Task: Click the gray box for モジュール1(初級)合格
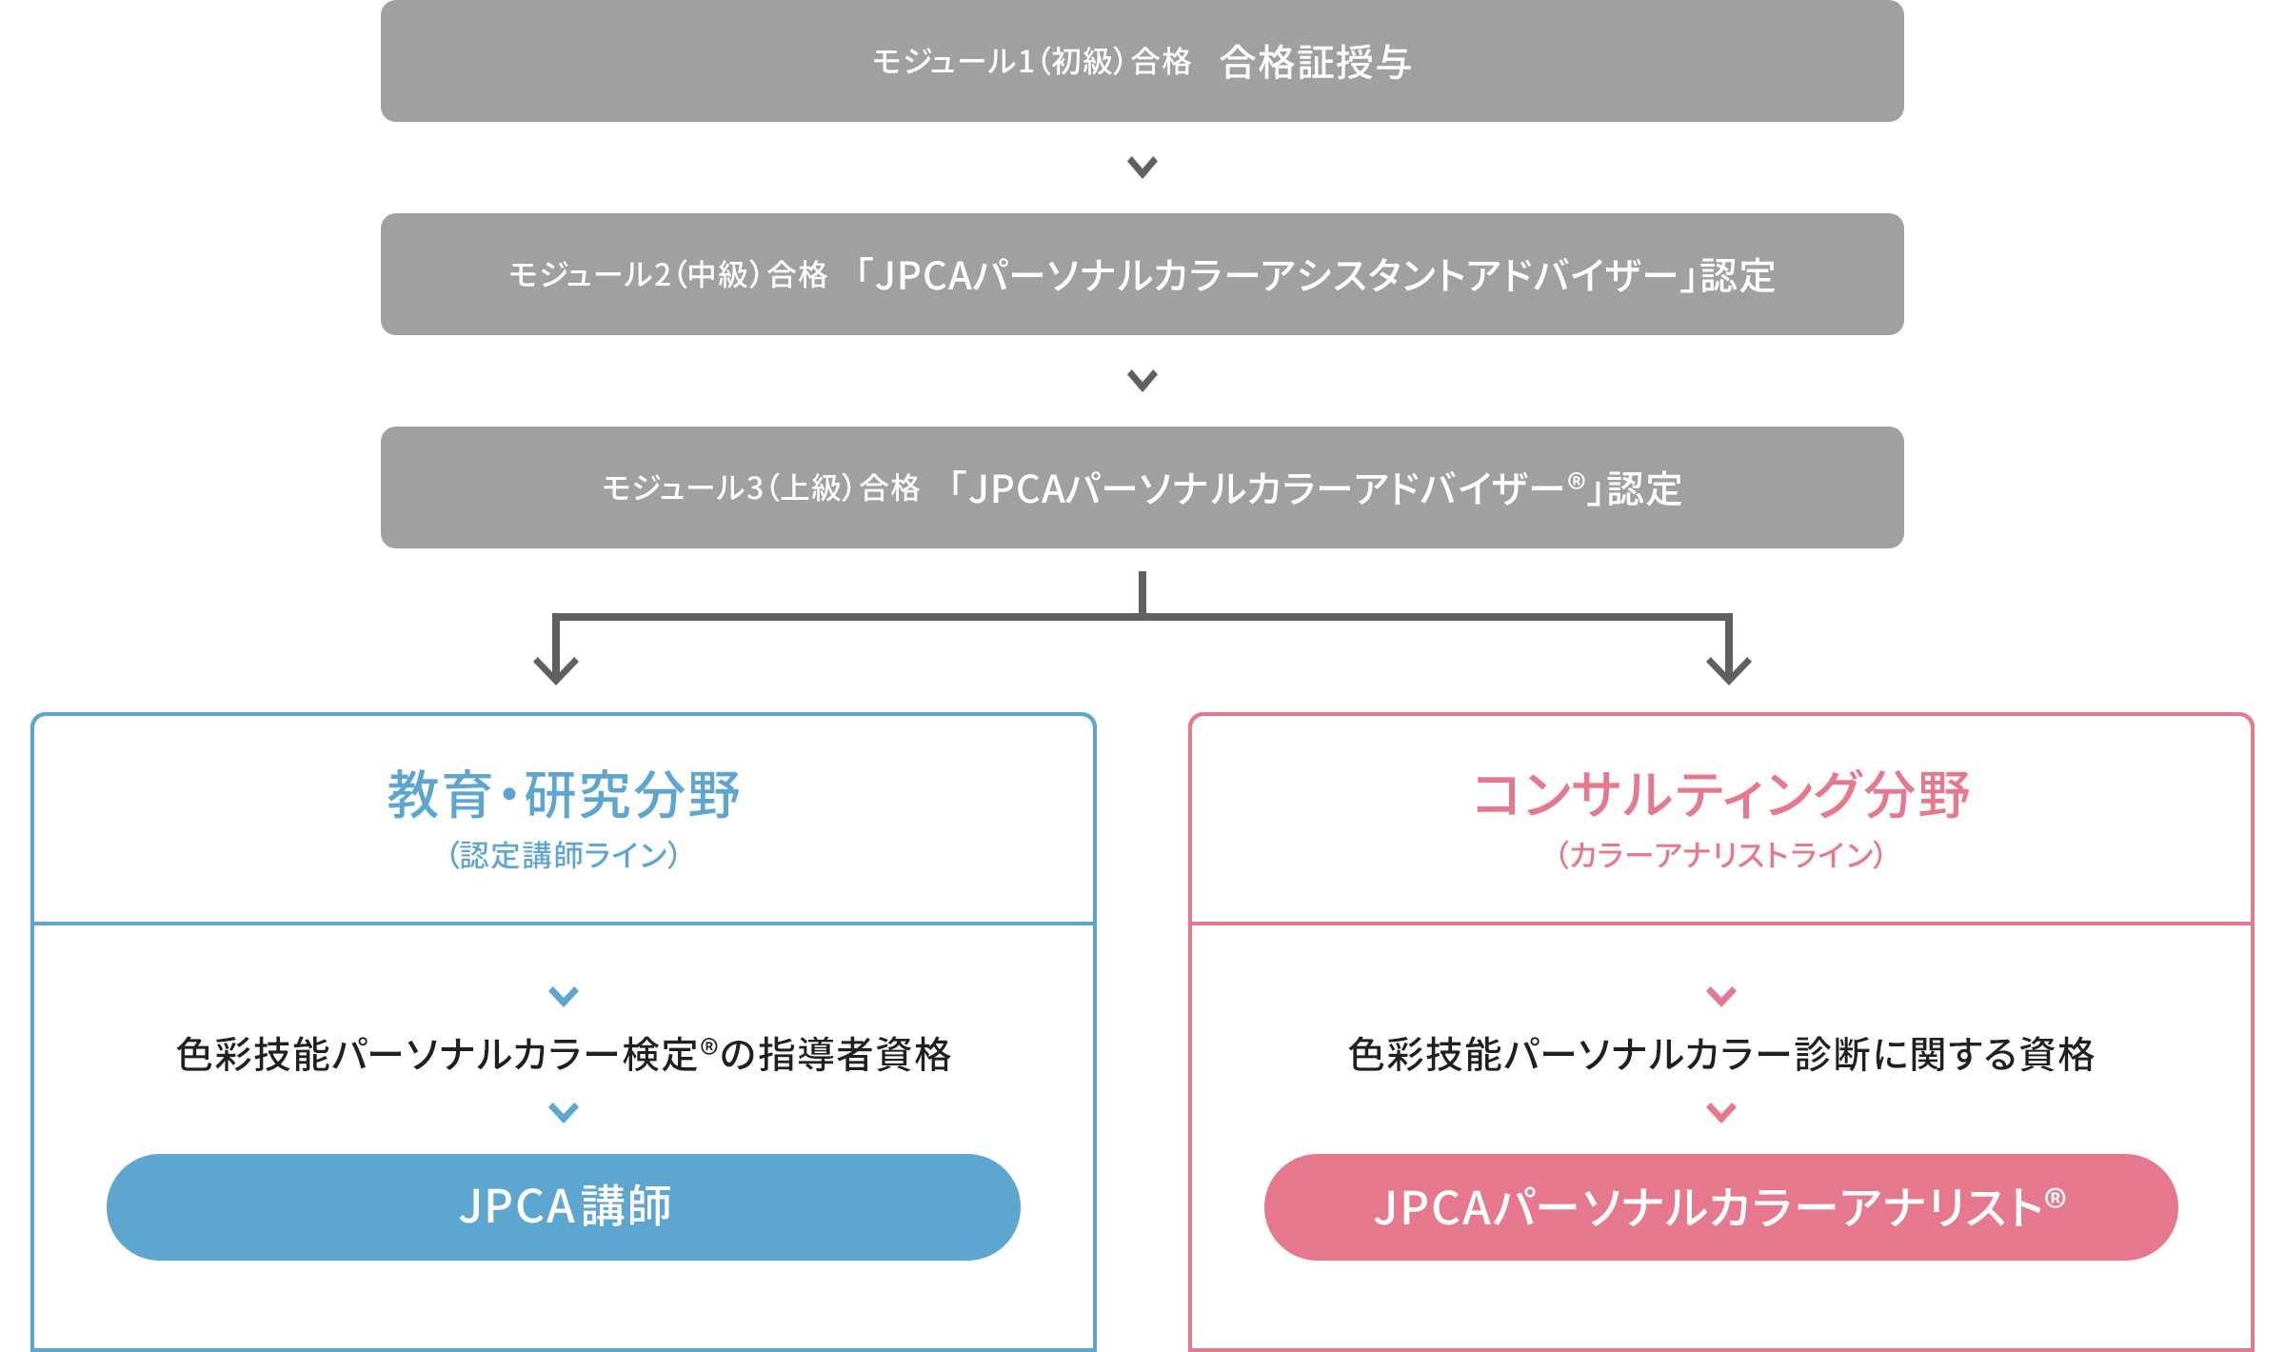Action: pos(1142,61)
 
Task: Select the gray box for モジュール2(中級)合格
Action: pos(1142,274)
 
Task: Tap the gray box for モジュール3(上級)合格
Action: pos(1142,487)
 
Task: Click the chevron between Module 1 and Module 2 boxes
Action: pos(1142,168)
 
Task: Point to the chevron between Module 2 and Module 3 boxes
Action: pos(1142,381)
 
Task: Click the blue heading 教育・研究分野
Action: pos(564,795)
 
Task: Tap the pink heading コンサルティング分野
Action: pos(1721,795)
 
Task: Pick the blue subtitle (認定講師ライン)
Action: pos(564,855)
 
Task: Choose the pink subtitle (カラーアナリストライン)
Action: pos(1721,855)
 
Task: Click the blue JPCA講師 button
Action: pos(564,1207)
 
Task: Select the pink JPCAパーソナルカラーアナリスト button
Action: pos(1721,1207)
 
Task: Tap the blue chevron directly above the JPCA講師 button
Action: pos(564,1112)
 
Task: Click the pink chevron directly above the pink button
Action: pos(1721,1112)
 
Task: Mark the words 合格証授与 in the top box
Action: pos(1316,63)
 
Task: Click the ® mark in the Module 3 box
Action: pos(1577,481)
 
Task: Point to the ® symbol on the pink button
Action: pos(2056,1198)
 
